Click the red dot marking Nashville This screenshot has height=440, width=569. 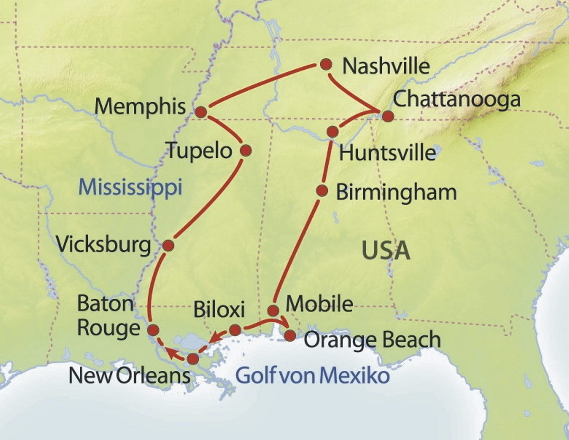point(326,64)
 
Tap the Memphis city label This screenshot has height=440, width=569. point(140,106)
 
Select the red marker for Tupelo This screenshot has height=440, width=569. point(246,151)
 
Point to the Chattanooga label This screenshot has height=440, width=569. point(456,100)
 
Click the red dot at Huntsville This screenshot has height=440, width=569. point(333,131)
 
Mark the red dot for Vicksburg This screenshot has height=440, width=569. point(168,246)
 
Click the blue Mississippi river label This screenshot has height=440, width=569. point(130,188)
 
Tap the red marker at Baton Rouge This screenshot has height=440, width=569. point(154,330)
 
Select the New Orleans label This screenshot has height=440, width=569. point(130,376)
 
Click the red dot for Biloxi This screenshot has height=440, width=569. point(235,330)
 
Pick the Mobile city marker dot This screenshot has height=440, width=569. point(273,311)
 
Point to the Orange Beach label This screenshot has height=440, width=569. point(372,340)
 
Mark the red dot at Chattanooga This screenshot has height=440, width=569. point(388,116)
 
